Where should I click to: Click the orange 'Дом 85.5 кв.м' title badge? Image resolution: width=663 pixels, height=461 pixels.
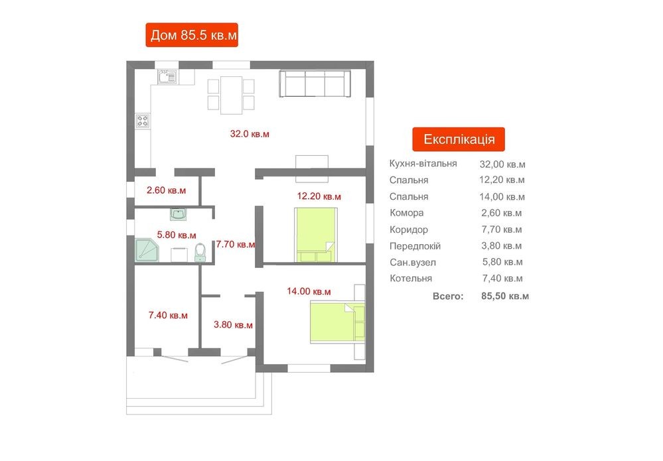[x=192, y=35]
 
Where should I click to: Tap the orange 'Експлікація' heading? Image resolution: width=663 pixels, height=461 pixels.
[x=459, y=139]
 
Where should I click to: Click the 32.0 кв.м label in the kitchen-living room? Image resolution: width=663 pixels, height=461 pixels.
[x=250, y=134]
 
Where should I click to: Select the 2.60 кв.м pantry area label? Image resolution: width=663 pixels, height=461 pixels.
[x=166, y=190]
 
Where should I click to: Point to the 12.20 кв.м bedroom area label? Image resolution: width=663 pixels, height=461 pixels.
[x=319, y=196]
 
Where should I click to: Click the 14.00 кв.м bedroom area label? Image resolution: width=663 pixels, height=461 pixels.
[x=309, y=291]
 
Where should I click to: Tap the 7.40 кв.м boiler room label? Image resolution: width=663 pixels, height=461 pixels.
[x=168, y=315]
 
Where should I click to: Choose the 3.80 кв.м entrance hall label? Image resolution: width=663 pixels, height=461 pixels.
[x=233, y=324]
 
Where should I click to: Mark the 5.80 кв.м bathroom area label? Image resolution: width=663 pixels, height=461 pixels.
[x=177, y=235]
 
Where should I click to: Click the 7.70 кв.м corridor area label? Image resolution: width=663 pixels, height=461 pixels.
[x=236, y=244]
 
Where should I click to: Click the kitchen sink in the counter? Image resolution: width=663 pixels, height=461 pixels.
[x=167, y=77]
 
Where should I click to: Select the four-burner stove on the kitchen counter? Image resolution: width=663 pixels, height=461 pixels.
[x=143, y=121]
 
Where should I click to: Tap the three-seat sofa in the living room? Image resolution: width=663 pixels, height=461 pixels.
[x=315, y=84]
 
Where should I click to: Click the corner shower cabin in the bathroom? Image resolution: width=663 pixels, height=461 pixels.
[x=147, y=250]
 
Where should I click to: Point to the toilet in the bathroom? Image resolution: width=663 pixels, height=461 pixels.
[x=200, y=252]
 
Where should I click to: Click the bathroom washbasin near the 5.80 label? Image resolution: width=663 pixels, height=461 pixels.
[x=178, y=214]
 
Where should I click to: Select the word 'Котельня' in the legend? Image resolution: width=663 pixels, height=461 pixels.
[x=411, y=279]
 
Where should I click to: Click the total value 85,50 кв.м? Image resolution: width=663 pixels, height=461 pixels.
[x=505, y=296]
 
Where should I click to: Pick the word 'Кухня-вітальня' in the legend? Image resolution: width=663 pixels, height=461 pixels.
[x=423, y=164]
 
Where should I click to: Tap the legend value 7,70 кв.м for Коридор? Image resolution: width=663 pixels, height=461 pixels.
[x=502, y=230]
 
